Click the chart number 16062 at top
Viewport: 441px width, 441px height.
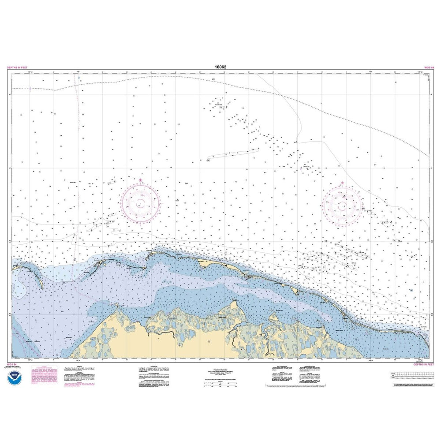coord(220,67)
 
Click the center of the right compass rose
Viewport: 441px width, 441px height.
coord(342,206)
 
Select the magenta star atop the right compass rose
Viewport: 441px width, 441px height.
coord(342,183)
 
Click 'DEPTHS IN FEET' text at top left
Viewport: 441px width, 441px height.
coord(17,67)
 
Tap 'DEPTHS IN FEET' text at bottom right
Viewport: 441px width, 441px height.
coord(423,365)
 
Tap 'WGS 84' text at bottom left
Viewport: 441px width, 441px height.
coord(13,365)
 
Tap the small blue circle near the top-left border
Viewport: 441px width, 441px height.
coord(79,78)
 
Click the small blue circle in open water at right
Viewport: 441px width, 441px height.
coord(411,290)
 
